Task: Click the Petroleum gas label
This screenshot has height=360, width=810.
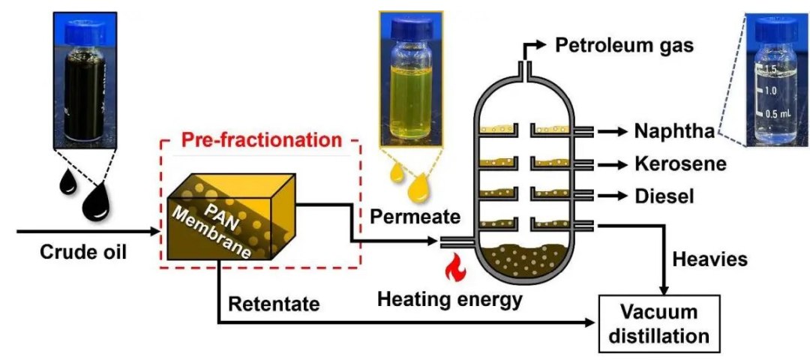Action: click(624, 46)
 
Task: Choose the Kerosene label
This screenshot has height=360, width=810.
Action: click(680, 163)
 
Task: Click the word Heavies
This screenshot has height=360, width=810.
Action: click(709, 259)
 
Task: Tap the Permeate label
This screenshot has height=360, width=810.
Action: click(415, 217)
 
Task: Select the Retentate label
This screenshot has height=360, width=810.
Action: click(274, 304)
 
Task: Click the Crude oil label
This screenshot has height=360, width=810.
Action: click(83, 253)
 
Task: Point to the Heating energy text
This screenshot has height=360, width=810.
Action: click(449, 298)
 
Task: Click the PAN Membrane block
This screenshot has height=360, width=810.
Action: click(232, 216)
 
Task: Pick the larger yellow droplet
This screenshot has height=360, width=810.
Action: click(419, 189)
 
